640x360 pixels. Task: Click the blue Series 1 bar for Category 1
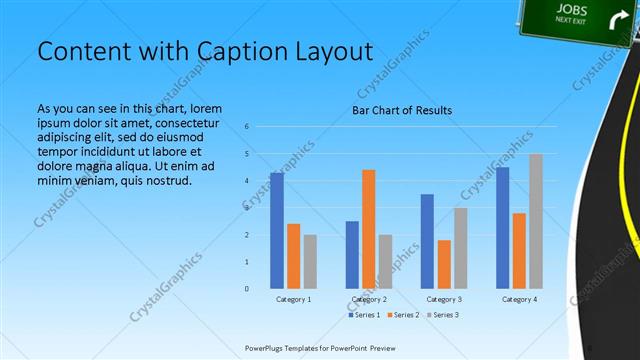[x=276, y=230]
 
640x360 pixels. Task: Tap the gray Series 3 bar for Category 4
[x=536, y=221]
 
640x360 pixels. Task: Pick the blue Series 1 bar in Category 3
[x=427, y=241]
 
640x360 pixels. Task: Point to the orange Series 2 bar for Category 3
[x=444, y=264]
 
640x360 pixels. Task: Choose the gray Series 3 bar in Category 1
[x=310, y=261]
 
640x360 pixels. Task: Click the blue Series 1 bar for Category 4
[x=502, y=228]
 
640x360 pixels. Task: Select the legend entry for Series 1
[x=364, y=315]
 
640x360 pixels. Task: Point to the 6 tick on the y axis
[x=247, y=127]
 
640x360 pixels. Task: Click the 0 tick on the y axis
[x=247, y=289]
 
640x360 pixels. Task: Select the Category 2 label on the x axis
[x=369, y=299]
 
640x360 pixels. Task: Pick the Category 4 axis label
[x=519, y=299]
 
